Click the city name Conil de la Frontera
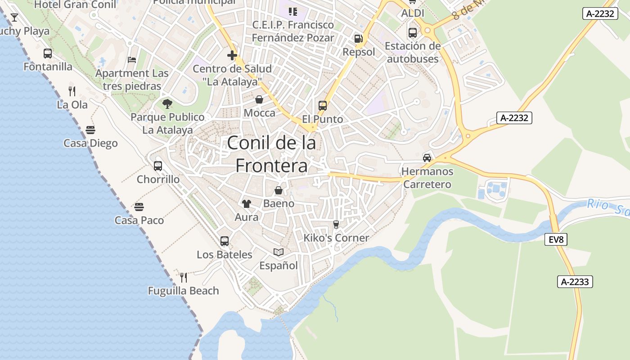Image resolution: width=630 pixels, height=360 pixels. [x=271, y=154]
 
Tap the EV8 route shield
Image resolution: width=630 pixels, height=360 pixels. [x=556, y=239]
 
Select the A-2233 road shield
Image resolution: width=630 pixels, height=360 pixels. [x=575, y=282]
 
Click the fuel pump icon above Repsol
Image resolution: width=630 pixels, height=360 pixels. [x=358, y=39]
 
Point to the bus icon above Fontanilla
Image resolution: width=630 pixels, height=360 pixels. [x=48, y=54]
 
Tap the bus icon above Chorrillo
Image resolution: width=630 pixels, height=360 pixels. [x=158, y=166]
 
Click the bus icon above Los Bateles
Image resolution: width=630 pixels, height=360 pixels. [x=225, y=241]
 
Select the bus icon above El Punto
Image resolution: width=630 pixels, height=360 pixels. [x=322, y=106]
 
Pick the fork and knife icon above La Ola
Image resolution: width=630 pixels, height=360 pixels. [x=72, y=91]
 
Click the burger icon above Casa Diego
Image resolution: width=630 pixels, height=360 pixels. [x=90, y=130]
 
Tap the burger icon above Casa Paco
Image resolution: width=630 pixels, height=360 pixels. [x=139, y=207]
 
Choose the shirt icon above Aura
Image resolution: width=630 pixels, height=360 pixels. [x=246, y=204]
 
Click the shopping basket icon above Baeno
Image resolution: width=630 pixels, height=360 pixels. [x=279, y=190]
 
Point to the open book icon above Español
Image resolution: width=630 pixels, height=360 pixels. [x=279, y=252]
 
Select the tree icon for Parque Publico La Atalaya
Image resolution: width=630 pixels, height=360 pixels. [x=167, y=104]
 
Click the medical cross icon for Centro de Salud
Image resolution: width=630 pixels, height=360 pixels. [x=232, y=56]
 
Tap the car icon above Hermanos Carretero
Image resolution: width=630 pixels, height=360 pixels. [x=427, y=158]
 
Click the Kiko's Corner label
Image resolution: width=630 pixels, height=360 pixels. [x=336, y=238]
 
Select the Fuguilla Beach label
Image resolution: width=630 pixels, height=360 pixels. [x=184, y=291]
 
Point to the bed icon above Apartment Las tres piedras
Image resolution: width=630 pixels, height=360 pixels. [x=132, y=59]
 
